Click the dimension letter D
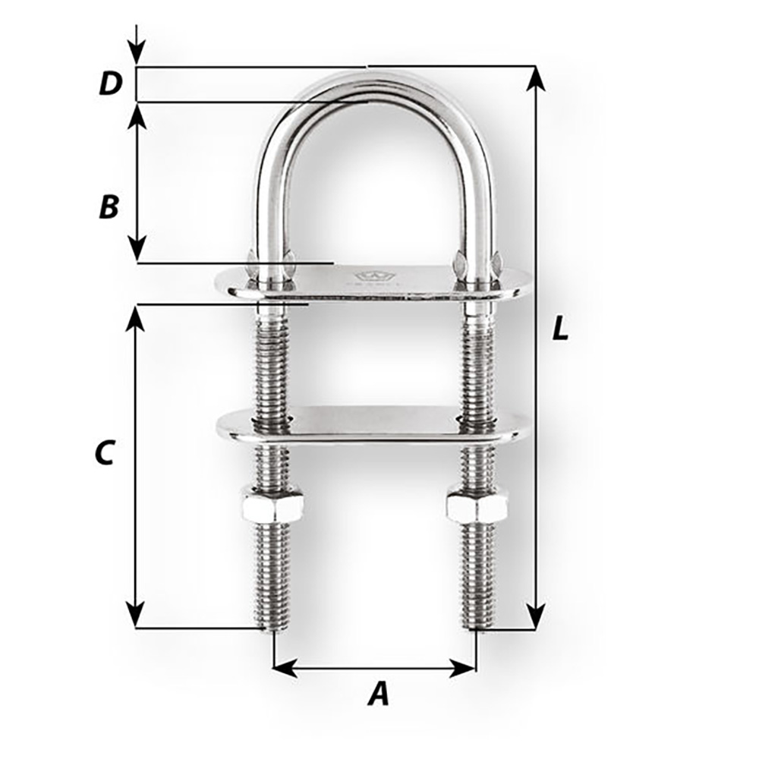110,84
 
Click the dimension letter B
109,206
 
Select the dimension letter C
104,452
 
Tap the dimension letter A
377,694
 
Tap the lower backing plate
372,424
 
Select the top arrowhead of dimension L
536,78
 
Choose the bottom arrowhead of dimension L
536,616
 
